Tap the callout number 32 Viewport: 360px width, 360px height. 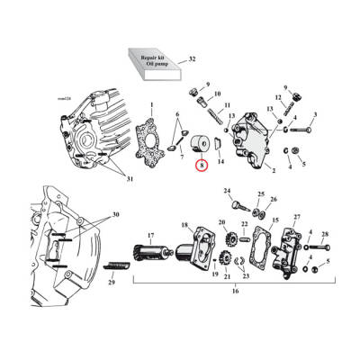(191, 59)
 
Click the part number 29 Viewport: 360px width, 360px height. (112, 282)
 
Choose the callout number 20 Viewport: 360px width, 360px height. (222, 222)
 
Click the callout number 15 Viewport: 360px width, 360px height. (274, 220)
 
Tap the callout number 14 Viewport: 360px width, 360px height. (221, 162)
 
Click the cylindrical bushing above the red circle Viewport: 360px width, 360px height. (197, 144)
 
